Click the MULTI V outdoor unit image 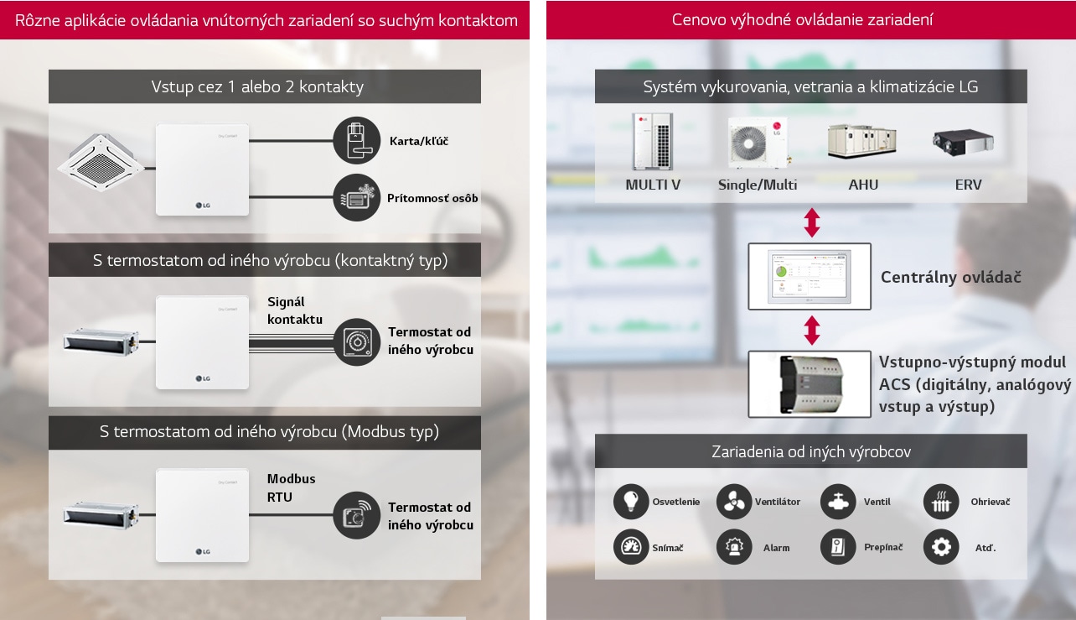tap(652, 140)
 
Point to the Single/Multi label tap(758, 185)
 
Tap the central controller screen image tap(810, 276)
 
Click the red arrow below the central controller tap(811, 330)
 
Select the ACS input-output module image tap(810, 383)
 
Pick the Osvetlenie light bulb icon tap(631, 502)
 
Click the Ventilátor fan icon tap(734, 502)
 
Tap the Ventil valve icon tap(838, 502)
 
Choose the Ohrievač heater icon tap(941, 502)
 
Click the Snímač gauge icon tap(631, 547)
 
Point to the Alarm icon tap(734, 547)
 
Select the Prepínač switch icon tap(838, 547)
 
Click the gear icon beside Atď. tap(941, 547)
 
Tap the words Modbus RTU tap(292, 487)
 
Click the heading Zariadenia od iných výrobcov tap(810, 451)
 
